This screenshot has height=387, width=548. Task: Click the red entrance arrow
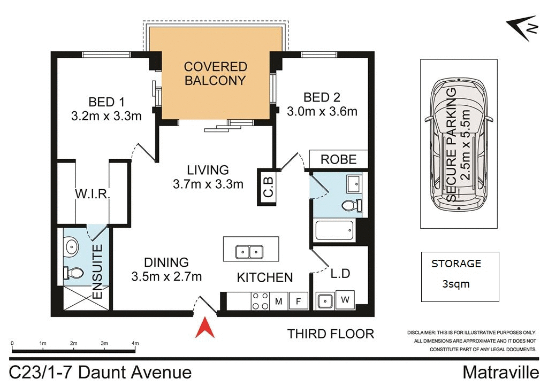tap(205, 328)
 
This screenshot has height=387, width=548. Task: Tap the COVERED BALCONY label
tap(215, 74)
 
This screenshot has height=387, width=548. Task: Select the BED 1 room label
tap(102, 102)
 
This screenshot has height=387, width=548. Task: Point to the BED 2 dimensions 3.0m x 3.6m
tap(322, 111)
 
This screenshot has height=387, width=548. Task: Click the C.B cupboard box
tap(268, 186)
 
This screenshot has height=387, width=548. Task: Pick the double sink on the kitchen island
tap(249, 251)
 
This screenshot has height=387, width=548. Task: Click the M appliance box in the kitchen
tap(279, 301)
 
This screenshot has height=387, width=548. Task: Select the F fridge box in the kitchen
tap(299, 301)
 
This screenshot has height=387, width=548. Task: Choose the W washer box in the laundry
tap(344, 300)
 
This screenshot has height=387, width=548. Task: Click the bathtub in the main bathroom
tap(334, 230)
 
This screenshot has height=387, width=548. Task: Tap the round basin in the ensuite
tap(71, 247)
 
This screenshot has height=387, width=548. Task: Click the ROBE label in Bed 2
tap(339, 159)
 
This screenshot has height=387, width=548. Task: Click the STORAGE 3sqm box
tap(460, 276)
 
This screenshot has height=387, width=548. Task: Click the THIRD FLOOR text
tap(330, 334)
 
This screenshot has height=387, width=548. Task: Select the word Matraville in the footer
tap(500, 372)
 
